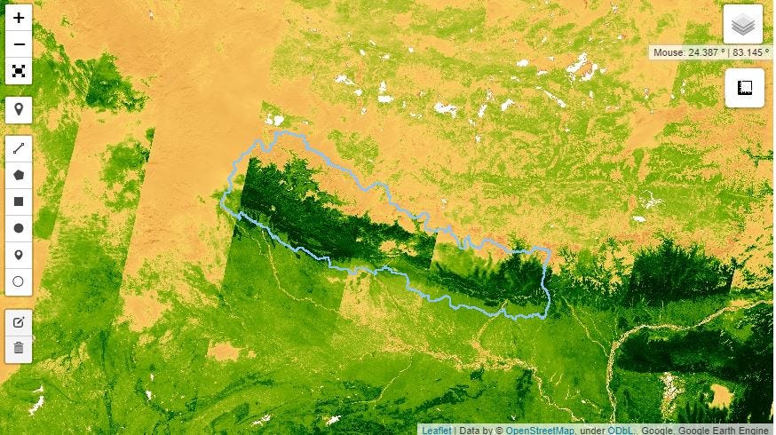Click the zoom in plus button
pyautogui.click(x=19, y=18)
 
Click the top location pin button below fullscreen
pyautogui.click(x=19, y=110)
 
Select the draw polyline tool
pyautogui.click(x=19, y=149)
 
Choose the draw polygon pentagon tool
pyautogui.click(x=19, y=175)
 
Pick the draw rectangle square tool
pyautogui.click(x=19, y=202)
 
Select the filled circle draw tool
pyautogui.click(x=19, y=228)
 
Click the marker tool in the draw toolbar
pyautogui.click(x=19, y=255)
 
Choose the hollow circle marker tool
pyautogui.click(x=19, y=281)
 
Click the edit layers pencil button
pyautogui.click(x=19, y=321)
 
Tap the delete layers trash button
pyautogui.click(x=19, y=348)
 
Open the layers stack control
pyautogui.click(x=743, y=24)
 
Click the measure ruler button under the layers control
pyautogui.click(x=744, y=88)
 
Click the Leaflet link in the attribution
pyautogui.click(x=436, y=430)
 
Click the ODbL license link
pyautogui.click(x=619, y=430)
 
